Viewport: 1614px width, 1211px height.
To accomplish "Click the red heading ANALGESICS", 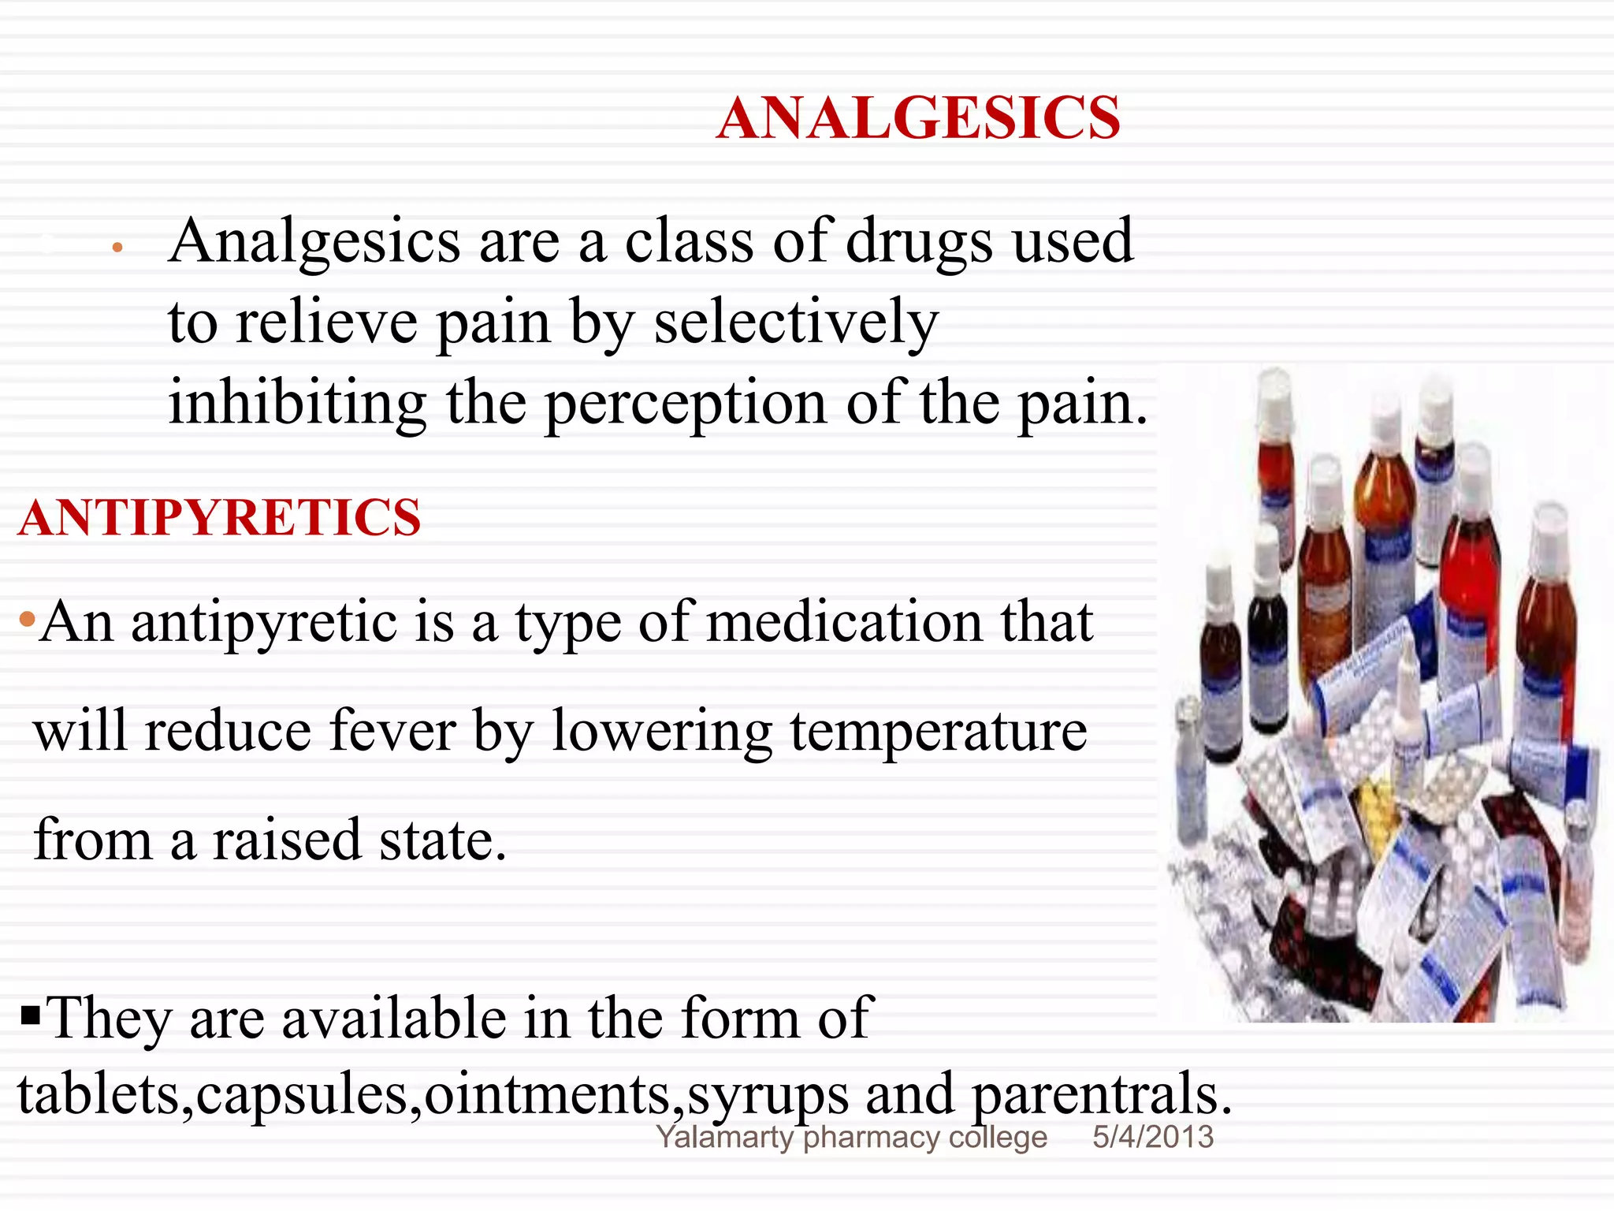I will [918, 118].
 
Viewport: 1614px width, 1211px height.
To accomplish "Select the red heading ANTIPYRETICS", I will [220, 518].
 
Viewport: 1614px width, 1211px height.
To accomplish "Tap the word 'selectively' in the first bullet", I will [796, 322].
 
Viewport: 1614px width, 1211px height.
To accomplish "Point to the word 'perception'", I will [686, 404].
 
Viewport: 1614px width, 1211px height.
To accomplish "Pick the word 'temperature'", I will [938, 732].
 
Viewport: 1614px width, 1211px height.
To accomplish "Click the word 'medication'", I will [844, 623].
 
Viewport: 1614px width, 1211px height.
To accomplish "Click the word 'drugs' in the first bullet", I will [919, 241].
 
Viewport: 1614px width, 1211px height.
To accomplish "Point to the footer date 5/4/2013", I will [1152, 1137].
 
